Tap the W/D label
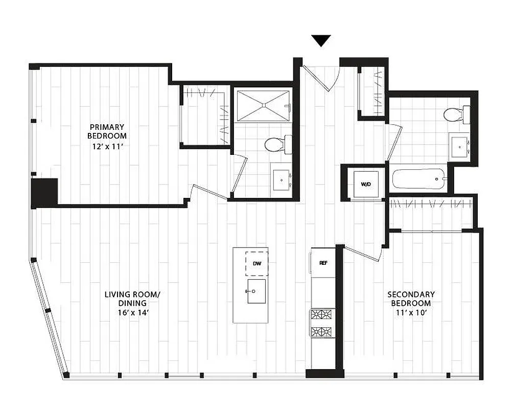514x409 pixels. (366, 184)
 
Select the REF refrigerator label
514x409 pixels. (323, 263)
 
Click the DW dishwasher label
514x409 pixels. (257, 264)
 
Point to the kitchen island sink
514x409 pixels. (256, 291)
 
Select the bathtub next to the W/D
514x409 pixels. (419, 179)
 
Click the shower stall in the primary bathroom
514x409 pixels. (263, 106)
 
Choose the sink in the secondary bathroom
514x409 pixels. (460, 147)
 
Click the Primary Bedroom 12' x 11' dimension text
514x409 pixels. (107, 146)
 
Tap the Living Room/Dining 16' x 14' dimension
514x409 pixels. (132, 313)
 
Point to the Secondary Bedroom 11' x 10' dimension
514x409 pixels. (411, 313)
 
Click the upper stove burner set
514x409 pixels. (322, 314)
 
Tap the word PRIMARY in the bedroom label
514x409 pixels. (107, 127)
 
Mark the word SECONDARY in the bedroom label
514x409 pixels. (411, 294)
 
